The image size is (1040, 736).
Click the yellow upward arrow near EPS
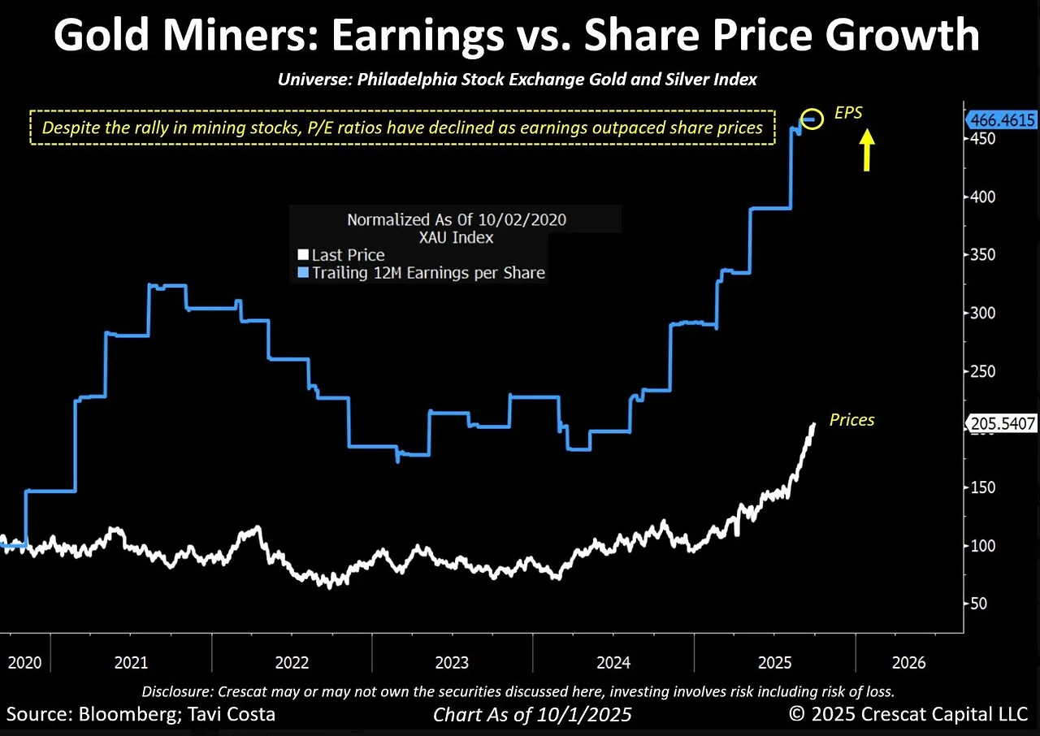pos(867,151)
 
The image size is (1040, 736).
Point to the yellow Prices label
pos(851,420)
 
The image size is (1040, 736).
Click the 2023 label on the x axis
pos(452,662)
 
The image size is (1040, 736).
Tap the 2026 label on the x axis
pos(908,662)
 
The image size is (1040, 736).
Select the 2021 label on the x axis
pos(132,662)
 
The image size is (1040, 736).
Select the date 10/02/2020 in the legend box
pos(524,219)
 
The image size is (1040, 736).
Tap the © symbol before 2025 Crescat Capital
pos(798,715)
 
